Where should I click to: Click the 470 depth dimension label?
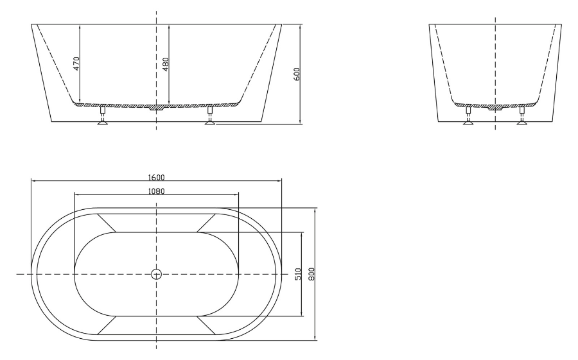(x=76, y=64)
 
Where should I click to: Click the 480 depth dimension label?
(x=166, y=64)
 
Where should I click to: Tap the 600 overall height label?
(x=297, y=74)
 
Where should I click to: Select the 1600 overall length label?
(x=156, y=177)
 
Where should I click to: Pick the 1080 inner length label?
(x=156, y=191)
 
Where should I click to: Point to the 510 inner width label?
(x=298, y=274)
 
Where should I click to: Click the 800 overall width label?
(x=311, y=274)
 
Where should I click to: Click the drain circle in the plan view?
(x=156, y=274)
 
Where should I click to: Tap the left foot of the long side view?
(x=103, y=116)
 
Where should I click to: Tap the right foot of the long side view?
(x=210, y=116)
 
